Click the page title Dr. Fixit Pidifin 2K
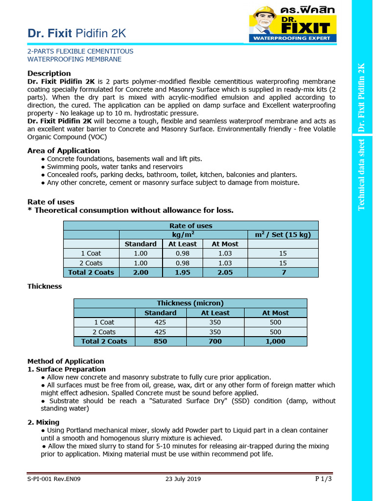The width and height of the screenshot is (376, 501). coord(76,33)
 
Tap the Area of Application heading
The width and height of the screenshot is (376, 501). coord(63,151)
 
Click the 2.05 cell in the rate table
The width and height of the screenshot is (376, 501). coord(225,273)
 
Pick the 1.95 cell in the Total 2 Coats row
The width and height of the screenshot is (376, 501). coord(183,273)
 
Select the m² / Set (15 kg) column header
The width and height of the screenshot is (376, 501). coord(283,234)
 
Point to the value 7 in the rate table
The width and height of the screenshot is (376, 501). coord(283,273)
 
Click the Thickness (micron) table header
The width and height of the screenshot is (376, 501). coord(190,303)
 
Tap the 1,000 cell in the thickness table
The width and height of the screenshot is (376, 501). coord(276,342)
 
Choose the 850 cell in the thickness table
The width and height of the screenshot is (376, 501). coord(160,342)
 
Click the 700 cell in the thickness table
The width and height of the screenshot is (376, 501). coord(215,342)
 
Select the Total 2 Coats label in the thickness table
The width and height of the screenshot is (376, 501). coord(104,342)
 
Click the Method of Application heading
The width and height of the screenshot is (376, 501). coord(66,361)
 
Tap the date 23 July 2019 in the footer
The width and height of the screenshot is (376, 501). coord(184,479)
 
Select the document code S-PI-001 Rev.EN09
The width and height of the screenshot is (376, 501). coord(54,479)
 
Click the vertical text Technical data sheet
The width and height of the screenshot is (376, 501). coord(362,174)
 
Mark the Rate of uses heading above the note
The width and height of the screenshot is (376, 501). coord(51,202)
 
